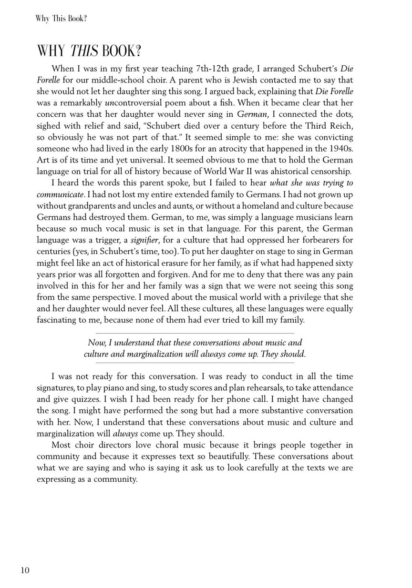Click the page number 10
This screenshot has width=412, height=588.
[x=25, y=570]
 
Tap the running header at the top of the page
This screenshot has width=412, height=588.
[x=61, y=19]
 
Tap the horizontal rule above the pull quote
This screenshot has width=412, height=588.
[x=195, y=333]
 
